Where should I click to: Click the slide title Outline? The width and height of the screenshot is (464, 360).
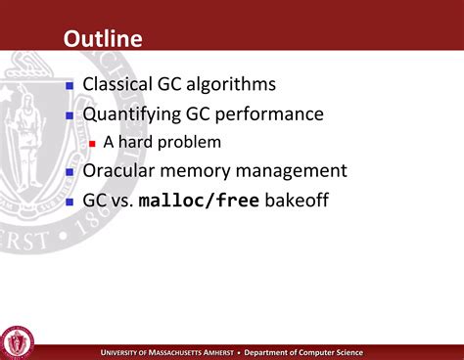[103, 39]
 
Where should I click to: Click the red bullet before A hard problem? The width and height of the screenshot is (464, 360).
[93, 143]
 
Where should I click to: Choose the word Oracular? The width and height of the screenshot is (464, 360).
[122, 171]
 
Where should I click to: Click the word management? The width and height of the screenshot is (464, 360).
[292, 171]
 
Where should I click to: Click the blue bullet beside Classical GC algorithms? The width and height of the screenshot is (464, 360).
[70, 86]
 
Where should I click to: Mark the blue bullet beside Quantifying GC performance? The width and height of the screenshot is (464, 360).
[70, 115]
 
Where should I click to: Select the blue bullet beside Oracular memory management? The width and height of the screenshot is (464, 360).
[70, 172]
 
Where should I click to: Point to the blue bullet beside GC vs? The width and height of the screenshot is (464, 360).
[70, 202]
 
